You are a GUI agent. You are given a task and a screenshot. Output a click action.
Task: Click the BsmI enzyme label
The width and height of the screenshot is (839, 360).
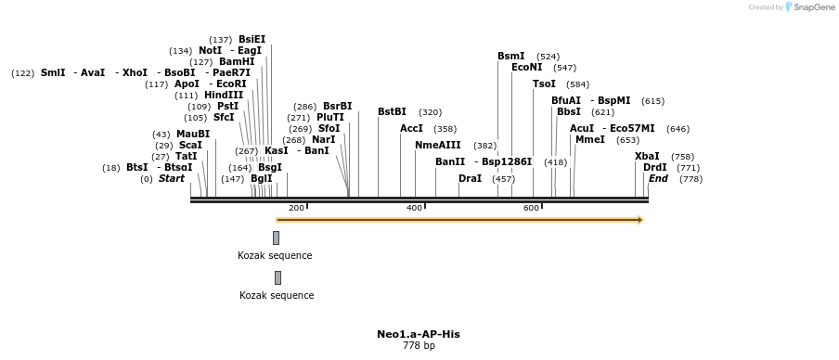pos(510,57)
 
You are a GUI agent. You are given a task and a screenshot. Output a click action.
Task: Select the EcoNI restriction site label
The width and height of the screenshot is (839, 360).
pos(526,68)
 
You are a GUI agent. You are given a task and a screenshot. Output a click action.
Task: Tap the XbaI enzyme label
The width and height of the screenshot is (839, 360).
pos(647,157)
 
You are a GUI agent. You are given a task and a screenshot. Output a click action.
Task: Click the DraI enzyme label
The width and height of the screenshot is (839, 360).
pos(470,178)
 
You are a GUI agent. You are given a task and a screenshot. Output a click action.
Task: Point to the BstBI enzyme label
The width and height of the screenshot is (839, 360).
pos(392,112)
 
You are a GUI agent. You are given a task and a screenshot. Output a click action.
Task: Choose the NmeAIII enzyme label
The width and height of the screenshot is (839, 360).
pos(437,146)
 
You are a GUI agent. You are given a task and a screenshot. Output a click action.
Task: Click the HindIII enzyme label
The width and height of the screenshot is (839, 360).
pos(224,96)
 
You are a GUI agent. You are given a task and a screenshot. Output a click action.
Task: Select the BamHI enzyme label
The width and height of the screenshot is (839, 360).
pos(237,62)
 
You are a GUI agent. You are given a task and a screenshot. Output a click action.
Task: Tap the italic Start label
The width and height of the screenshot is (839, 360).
pos(171,178)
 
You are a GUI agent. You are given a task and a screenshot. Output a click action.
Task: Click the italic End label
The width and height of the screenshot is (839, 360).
pos(658,178)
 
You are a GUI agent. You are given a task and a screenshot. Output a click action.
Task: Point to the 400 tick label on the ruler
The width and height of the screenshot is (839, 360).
pos(414,208)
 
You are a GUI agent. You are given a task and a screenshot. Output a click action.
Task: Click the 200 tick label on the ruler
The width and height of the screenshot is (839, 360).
pos(296,208)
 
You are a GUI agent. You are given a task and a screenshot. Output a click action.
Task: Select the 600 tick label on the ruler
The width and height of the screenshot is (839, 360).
pos(532,208)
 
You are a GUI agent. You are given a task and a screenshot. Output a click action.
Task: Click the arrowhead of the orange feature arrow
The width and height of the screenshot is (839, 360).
pos(639,220)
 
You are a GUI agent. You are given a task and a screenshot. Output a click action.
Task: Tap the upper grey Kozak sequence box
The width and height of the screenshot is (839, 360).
pos(276,238)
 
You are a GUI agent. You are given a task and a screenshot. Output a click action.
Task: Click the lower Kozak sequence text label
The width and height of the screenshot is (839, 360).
pos(277,295)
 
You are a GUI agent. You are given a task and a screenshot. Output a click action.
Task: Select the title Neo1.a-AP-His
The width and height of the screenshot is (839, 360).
pos(418,334)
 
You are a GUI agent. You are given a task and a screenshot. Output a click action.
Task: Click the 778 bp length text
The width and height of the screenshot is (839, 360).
pos(418,346)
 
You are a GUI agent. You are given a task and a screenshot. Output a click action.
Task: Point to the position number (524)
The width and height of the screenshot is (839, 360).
pos(548,57)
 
